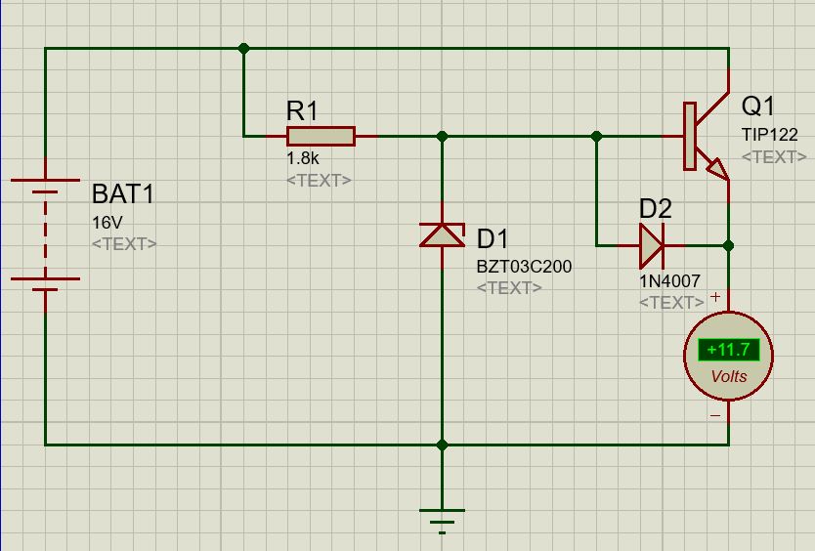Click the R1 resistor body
point(320,137)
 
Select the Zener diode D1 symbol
point(442,235)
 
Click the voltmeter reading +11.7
point(728,350)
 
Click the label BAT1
point(122,193)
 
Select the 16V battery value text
point(107,223)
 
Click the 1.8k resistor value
point(302,157)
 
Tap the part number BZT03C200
point(524,266)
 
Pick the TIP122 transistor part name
point(769,135)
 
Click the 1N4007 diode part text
point(669,280)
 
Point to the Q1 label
point(758,106)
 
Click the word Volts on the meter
point(728,376)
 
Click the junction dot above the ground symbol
point(442,445)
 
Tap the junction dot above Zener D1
point(442,137)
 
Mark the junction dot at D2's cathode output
point(728,245)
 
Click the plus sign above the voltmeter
point(715,297)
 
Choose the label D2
point(656,208)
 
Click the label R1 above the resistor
point(302,110)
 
